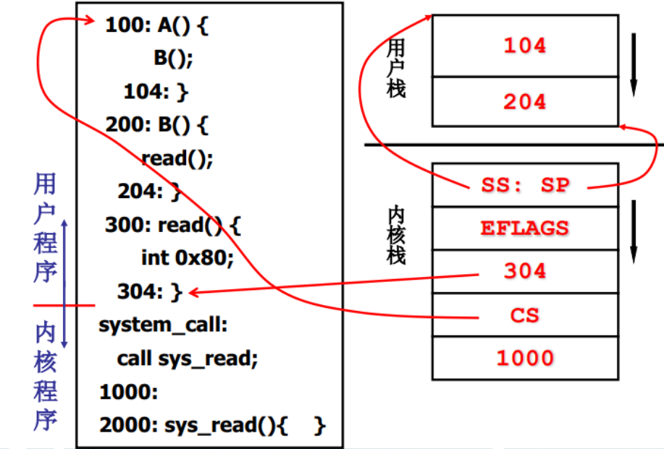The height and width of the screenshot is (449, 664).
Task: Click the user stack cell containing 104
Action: (525, 46)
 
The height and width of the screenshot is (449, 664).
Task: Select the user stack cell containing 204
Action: (525, 101)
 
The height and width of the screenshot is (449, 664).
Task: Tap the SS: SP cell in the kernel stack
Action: (525, 185)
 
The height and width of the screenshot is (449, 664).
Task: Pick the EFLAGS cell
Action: (525, 228)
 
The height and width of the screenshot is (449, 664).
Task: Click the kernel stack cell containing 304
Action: (525, 271)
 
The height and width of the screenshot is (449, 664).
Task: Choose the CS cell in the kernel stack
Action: (525, 315)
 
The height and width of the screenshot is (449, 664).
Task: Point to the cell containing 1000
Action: (525, 358)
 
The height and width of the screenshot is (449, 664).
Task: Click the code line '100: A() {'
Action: (156, 26)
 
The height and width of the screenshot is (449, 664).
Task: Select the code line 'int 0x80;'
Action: (188, 258)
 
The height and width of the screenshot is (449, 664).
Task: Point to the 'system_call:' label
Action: (164, 325)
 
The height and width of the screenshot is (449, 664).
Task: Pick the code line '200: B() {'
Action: (156, 125)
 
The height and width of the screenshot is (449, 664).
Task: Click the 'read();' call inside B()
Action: (177, 158)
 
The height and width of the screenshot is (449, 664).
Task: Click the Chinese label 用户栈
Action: (396, 68)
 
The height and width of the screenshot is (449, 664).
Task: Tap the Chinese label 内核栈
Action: (396, 236)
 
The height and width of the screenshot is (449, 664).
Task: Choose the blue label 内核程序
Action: (45, 376)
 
